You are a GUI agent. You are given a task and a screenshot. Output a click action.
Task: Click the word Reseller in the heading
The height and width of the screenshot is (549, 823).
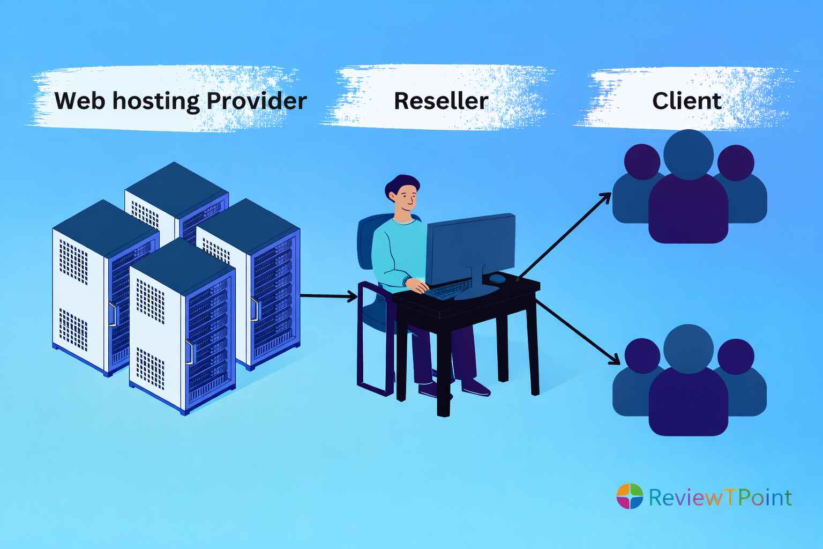tap(440, 101)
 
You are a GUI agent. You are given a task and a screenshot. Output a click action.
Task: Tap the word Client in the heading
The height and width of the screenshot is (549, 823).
tap(686, 101)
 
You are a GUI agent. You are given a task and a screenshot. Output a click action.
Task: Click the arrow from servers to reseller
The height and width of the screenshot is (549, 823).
tap(328, 295)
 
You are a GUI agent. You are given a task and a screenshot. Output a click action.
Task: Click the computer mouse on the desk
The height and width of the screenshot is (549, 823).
tap(497, 278)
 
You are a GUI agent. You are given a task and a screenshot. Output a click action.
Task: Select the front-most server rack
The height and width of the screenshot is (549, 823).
tap(182, 327)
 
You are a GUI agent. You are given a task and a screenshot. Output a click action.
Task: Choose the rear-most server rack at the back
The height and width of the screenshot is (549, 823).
tap(177, 198)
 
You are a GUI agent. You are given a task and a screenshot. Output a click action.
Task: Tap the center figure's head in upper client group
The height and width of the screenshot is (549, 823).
tap(688, 152)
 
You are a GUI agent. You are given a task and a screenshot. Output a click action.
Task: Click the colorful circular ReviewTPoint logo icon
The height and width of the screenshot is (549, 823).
tap(630, 496)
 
